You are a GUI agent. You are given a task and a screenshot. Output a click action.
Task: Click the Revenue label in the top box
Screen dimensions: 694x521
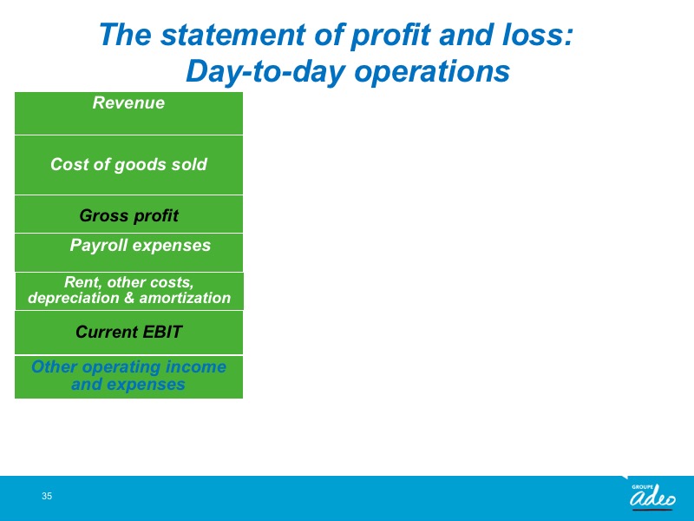[128, 102]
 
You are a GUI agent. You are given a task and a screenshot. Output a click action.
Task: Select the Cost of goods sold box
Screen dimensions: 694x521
[128, 165]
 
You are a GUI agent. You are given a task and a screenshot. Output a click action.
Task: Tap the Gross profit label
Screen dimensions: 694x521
[128, 215]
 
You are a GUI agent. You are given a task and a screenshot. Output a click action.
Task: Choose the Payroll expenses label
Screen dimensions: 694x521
[140, 246]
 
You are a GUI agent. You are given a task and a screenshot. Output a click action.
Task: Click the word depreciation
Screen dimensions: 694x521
[74, 298]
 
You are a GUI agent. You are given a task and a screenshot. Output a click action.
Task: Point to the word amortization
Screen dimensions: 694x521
[185, 298]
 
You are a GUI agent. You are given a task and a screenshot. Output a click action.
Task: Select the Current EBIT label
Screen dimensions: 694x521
[128, 332]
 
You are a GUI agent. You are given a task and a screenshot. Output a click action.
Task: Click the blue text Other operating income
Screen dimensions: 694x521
[128, 366]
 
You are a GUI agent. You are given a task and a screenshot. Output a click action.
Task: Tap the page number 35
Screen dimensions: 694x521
[47, 496]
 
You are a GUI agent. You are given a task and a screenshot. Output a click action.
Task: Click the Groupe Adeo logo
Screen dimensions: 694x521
[653, 496]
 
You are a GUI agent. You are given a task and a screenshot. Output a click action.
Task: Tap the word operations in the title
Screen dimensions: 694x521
[432, 72]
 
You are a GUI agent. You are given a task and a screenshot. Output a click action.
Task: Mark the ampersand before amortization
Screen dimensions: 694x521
[129, 298]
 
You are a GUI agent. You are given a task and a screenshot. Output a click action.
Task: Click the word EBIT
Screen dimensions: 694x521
[162, 332]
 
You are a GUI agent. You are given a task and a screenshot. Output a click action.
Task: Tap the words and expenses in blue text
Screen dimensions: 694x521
[128, 384]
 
